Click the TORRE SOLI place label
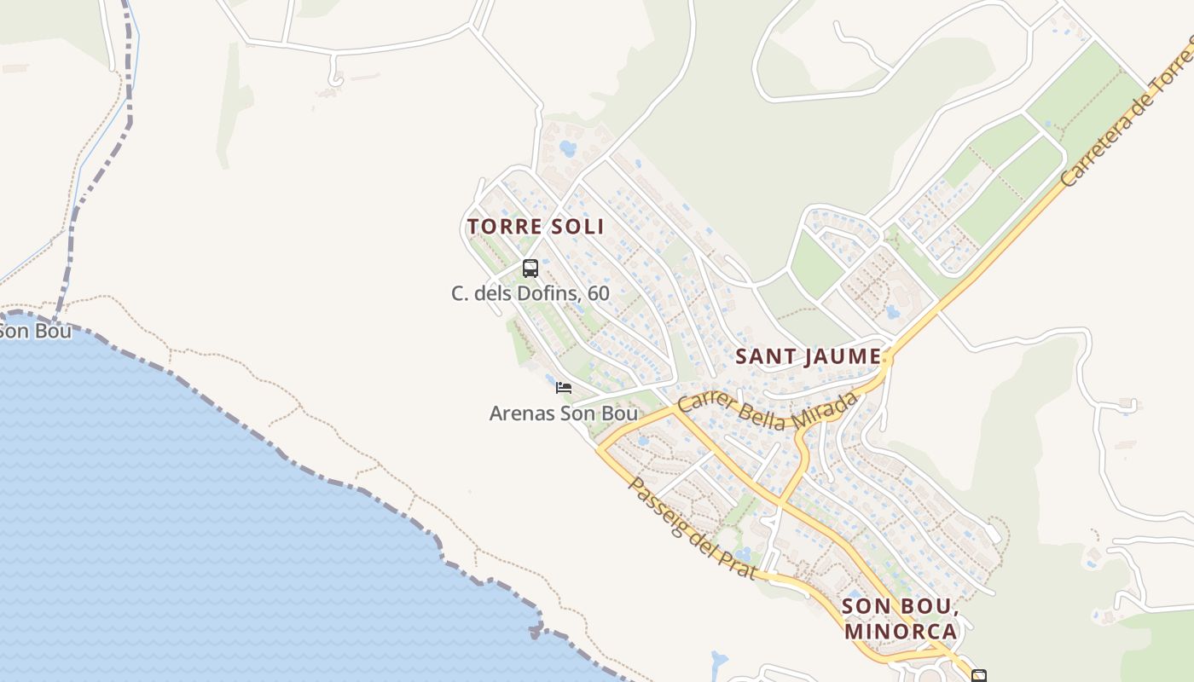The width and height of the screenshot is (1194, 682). pyautogui.click(x=536, y=227)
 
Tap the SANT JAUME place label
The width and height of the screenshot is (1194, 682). pyautogui.click(x=808, y=356)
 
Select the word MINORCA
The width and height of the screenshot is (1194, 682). pyautogui.click(x=901, y=632)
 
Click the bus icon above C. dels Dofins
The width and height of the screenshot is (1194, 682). pyautogui.click(x=530, y=269)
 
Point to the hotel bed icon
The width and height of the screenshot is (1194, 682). pyautogui.click(x=563, y=388)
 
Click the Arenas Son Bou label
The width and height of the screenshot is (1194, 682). pyautogui.click(x=563, y=413)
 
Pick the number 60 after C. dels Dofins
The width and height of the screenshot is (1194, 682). pyautogui.click(x=598, y=293)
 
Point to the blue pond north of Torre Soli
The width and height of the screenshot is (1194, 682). pyautogui.click(x=567, y=149)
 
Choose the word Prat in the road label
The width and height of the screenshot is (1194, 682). pyautogui.click(x=739, y=563)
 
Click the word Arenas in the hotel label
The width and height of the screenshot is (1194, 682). pyautogui.click(x=521, y=413)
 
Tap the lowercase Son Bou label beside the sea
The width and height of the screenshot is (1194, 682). pyautogui.click(x=34, y=331)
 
